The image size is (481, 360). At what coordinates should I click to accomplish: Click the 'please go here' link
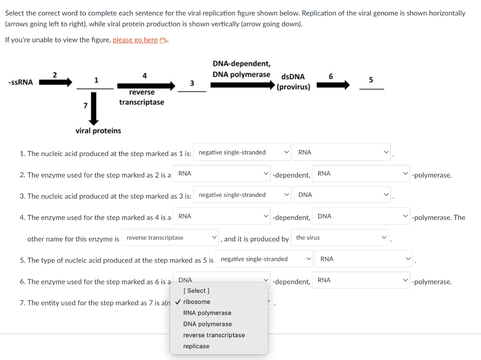pyautogui.click(x=135, y=40)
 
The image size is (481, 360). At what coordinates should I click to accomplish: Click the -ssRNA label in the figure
pyautogui.click(x=21, y=82)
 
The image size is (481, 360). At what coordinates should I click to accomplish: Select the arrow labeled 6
pyautogui.click(x=333, y=85)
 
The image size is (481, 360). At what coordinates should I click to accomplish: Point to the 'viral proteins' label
pyautogui.click(x=98, y=131)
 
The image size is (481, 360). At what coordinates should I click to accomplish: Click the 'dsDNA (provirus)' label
pyautogui.click(x=293, y=82)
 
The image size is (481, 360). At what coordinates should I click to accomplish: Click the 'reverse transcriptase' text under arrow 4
pyautogui.click(x=142, y=97)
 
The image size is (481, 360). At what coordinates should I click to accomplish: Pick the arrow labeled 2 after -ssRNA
pyautogui.click(x=55, y=82)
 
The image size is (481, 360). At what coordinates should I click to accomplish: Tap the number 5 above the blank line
pyautogui.click(x=371, y=80)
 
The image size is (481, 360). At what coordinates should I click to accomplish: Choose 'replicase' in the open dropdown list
pyautogui.click(x=196, y=346)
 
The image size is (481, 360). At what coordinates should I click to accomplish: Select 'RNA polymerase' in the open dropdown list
pyautogui.click(x=207, y=313)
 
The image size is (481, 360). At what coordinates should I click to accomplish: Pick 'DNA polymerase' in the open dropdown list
pyautogui.click(x=207, y=324)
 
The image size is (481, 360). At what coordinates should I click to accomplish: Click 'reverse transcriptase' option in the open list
pyautogui.click(x=214, y=335)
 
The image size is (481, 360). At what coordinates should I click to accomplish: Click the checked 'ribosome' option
pyautogui.click(x=197, y=302)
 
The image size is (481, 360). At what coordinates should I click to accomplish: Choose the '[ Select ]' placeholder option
pyautogui.click(x=196, y=290)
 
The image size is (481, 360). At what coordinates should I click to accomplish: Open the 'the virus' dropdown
pyautogui.click(x=340, y=237)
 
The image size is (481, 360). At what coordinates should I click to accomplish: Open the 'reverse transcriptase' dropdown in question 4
pyautogui.click(x=170, y=237)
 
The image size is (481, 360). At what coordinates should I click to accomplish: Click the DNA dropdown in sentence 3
pyautogui.click(x=342, y=195)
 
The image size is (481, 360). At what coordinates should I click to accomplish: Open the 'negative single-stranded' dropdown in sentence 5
pyautogui.click(x=264, y=259)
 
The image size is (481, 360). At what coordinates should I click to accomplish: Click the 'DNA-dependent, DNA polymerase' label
pyautogui.click(x=242, y=69)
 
